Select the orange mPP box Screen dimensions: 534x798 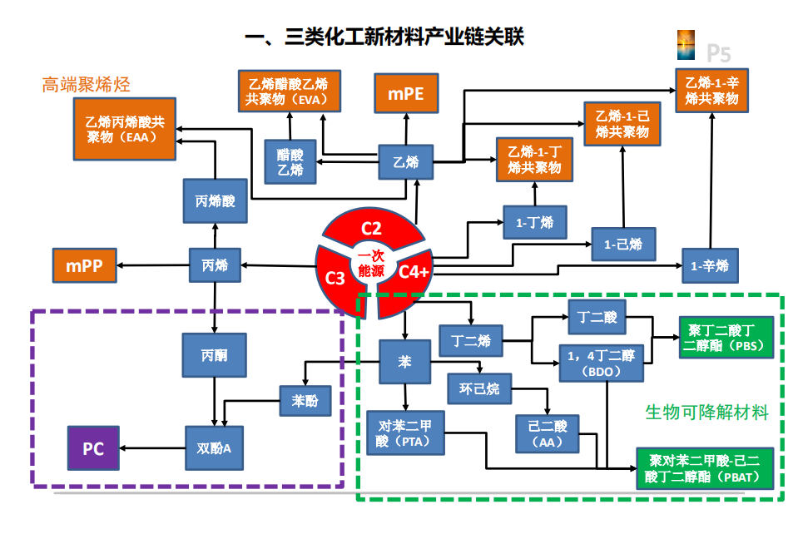[83, 266]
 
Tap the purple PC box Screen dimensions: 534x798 [92, 448]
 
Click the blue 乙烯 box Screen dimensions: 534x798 [405, 162]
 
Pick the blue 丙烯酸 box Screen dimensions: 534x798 [215, 201]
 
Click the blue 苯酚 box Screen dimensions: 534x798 [305, 401]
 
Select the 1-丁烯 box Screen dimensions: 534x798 [534, 223]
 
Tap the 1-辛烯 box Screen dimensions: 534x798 [709, 266]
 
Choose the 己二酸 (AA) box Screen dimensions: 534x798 [547, 433]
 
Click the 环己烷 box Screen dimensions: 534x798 [479, 388]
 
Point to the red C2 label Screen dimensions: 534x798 [371, 228]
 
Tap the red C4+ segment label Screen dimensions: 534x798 [414, 271]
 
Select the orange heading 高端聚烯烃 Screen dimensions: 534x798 [87, 85]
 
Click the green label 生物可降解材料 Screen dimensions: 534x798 [706, 412]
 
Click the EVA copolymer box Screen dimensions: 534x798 [287, 91]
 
